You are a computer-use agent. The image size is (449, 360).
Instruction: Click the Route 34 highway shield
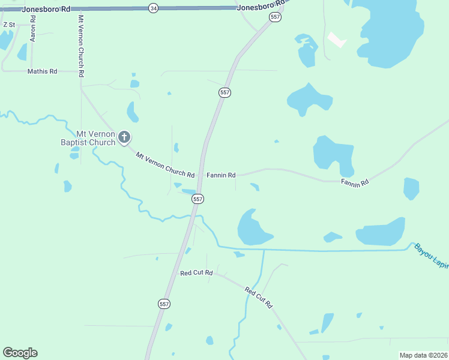tap(154, 8)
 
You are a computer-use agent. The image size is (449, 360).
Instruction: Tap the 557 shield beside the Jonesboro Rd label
tap(275, 17)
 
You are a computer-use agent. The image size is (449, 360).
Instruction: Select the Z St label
tap(9, 25)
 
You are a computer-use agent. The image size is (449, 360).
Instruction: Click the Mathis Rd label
tap(42, 71)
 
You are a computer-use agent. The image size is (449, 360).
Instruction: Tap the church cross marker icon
tap(124, 138)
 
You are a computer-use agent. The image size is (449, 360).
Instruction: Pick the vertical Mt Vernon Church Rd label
tap(80, 46)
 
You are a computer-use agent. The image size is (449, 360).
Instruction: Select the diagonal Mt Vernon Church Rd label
tap(165, 166)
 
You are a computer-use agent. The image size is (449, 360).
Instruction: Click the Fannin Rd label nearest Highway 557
tap(221, 175)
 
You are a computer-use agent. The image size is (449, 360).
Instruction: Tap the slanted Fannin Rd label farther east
tap(354, 182)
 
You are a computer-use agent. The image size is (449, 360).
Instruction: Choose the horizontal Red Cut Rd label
tap(196, 273)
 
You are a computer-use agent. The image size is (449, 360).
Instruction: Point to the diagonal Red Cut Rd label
tap(259, 298)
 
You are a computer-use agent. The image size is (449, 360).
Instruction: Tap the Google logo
tap(20, 353)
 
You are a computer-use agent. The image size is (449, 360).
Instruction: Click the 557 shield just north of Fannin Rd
tap(224, 92)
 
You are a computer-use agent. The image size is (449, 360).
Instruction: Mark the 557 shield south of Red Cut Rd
tap(164, 304)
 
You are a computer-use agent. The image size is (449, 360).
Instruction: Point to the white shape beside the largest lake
tap(337, 40)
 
